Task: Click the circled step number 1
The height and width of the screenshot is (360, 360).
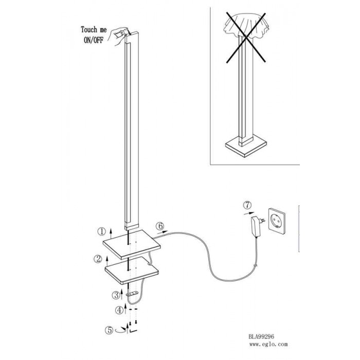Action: coord(101,231)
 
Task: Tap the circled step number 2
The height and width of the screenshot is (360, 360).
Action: coord(98,259)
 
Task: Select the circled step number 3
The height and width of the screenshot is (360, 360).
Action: coord(116,295)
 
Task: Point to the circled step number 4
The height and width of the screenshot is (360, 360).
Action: coord(119,311)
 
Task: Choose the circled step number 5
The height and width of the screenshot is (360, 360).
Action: coord(109,330)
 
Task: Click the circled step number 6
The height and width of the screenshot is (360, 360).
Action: coord(160,226)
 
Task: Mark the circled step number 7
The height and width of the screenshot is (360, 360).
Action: coord(247,205)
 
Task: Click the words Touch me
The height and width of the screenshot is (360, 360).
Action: coord(94,30)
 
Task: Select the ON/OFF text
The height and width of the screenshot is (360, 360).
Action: coord(94,40)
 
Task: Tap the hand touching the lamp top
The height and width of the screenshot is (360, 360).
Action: coord(119,35)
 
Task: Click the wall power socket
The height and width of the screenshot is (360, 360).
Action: coord(277,221)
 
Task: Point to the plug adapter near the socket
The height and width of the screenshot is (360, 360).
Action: coord(257,226)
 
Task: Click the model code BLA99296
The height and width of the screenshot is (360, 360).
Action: coord(261,336)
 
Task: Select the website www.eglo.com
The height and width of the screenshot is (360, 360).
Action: coord(268,344)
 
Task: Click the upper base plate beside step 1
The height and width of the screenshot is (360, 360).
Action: coord(132,244)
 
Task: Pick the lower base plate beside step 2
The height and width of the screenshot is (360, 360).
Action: coord(132,271)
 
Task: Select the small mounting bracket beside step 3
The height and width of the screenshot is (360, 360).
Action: coord(132,294)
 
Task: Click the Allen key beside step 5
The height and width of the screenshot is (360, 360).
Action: coord(133,331)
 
